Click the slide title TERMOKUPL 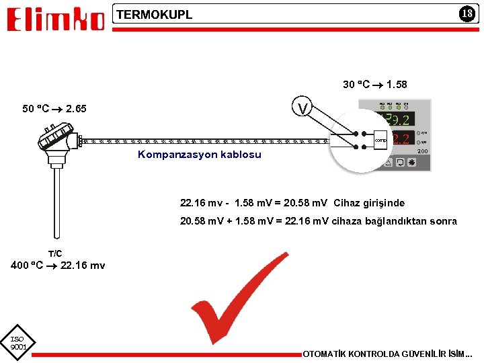pos(155,14)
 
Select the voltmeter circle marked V pos(304,108)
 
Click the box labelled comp pos(381,140)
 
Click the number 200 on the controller pos(422,152)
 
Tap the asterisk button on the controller pos(411,163)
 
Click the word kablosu pos(241,155)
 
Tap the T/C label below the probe pos(55,253)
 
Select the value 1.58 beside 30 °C pos(397,85)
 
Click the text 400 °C pos(27,266)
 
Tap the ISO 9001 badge pos(17,344)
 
